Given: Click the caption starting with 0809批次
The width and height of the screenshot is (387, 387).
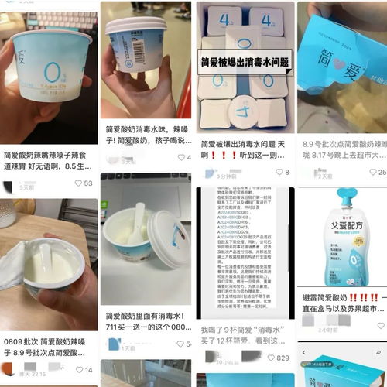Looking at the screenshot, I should coord(48,324).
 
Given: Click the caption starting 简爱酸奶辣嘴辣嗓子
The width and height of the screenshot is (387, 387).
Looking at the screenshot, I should coord(48,161).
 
